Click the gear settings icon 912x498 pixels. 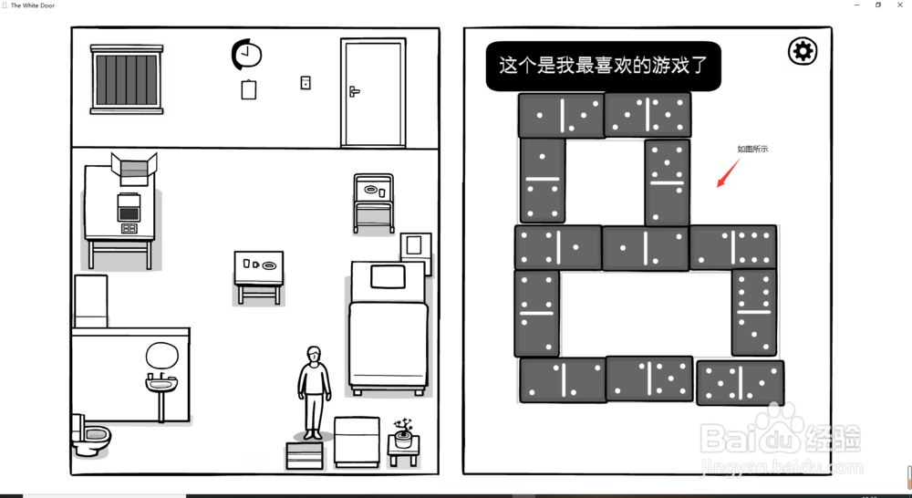(803, 52)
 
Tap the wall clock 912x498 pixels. (246, 54)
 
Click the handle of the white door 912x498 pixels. (354, 91)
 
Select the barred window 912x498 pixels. (127, 79)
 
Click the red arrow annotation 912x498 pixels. (728, 172)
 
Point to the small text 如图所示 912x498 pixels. (752, 149)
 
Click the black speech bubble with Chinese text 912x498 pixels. (604, 66)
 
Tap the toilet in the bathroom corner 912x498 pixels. (90, 436)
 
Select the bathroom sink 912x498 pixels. (161, 384)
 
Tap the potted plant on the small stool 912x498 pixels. (402, 433)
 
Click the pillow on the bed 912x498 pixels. (388, 277)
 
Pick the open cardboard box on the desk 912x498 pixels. (134, 169)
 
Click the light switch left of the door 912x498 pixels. (306, 83)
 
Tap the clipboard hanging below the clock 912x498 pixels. (249, 89)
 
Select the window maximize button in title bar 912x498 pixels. (877, 5)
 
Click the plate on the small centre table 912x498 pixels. (269, 265)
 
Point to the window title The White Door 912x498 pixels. (33, 5)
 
